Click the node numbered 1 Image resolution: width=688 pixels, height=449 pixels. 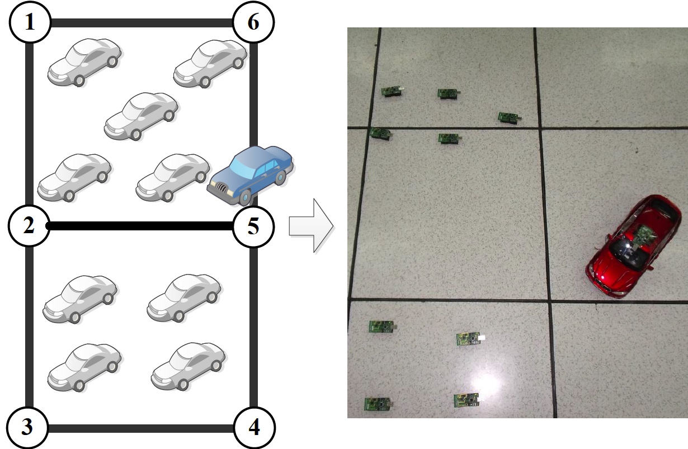click(x=30, y=22)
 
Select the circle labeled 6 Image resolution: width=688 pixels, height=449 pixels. click(x=253, y=22)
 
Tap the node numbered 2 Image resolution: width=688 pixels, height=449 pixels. click(x=29, y=226)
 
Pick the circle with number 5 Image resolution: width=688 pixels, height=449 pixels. click(x=253, y=226)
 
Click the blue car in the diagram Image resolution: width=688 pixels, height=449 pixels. click(x=251, y=175)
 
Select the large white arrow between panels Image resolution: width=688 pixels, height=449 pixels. click(x=311, y=226)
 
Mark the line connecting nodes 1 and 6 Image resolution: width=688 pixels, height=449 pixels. click(x=142, y=23)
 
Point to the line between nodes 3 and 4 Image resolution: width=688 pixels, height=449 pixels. click(x=141, y=428)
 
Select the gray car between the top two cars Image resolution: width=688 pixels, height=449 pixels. click(x=142, y=116)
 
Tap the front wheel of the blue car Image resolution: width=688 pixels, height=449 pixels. click(x=246, y=198)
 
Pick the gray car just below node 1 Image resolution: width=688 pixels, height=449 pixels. click(x=84, y=62)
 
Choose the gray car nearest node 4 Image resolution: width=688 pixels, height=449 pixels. click(x=189, y=366)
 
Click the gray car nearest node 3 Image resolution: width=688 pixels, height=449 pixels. click(x=84, y=367)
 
